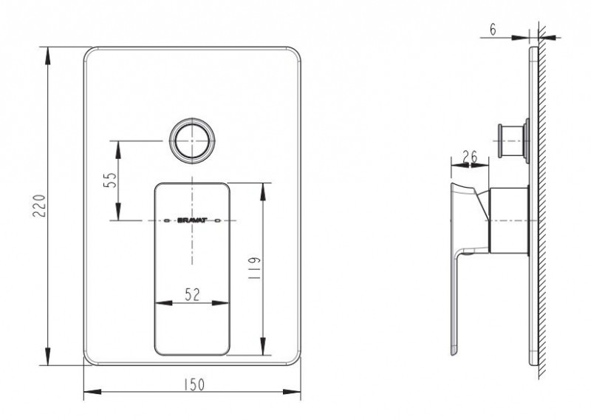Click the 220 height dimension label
40,206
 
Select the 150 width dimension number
194,385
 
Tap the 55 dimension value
109,180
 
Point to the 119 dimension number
255,268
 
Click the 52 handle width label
192,295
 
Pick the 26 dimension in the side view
470,157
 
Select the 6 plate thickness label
493,30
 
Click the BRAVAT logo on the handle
191,220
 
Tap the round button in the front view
192,140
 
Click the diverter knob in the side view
513,140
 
